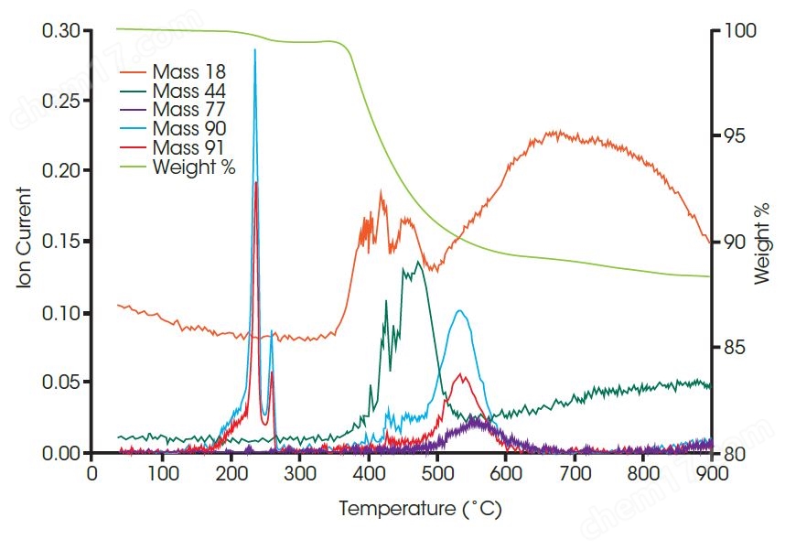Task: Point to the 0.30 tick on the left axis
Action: pyautogui.click(x=61, y=31)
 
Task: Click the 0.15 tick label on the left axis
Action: pyautogui.click(x=61, y=243)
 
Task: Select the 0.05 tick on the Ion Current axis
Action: pyautogui.click(x=61, y=383)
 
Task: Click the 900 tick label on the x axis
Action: pyautogui.click(x=712, y=474)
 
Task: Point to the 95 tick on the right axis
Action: pyautogui.click(x=736, y=136)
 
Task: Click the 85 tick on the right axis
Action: pyautogui.click(x=736, y=349)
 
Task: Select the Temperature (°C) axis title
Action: pyautogui.click(x=420, y=509)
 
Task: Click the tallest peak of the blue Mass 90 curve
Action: pyautogui.click(x=254, y=50)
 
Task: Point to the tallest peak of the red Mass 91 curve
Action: pyautogui.click(x=256, y=183)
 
